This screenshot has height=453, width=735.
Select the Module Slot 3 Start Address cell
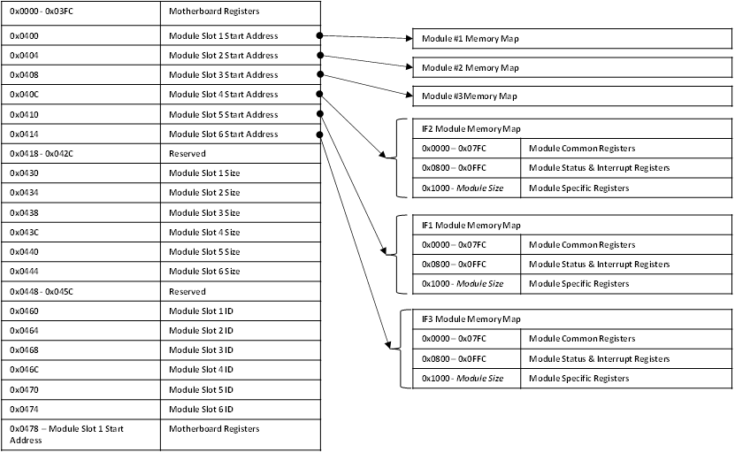click(x=240, y=75)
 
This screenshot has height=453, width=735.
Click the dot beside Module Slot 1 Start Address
click(x=320, y=36)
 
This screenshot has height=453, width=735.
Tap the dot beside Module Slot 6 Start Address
click(x=320, y=134)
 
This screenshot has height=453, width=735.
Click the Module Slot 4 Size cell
click(x=240, y=232)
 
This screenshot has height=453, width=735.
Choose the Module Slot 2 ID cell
click(x=240, y=330)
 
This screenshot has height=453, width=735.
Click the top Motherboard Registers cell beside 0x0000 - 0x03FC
click(x=240, y=12)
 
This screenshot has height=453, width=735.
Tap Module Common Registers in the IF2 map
click(x=626, y=149)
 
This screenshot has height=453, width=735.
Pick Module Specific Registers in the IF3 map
click(x=626, y=378)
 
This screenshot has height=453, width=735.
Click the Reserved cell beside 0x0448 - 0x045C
click(x=240, y=291)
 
